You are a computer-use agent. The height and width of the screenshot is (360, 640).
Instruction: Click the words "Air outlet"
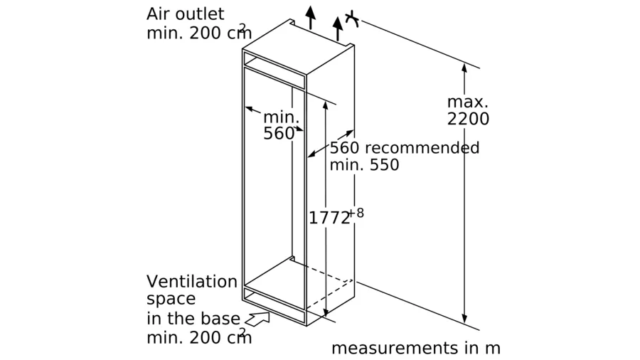(x=185, y=14)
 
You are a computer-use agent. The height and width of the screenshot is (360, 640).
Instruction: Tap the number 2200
(x=468, y=119)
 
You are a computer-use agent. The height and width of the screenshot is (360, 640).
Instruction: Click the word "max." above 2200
(x=467, y=101)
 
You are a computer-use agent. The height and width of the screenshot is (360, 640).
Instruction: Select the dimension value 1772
(x=329, y=218)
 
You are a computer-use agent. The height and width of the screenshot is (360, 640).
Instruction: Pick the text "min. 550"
(x=364, y=165)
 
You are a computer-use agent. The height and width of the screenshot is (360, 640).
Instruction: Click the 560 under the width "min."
(x=279, y=133)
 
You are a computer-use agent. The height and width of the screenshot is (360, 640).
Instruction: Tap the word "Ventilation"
(x=191, y=281)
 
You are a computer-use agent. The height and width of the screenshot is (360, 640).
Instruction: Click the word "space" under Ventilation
(x=171, y=299)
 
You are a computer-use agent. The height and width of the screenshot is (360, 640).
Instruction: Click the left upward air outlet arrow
(x=309, y=16)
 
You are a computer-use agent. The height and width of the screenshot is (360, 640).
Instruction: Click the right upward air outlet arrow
(x=337, y=27)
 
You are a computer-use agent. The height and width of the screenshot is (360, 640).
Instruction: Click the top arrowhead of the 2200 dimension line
(x=464, y=68)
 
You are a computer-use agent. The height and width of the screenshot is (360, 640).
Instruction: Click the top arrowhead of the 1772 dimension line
(x=325, y=105)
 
